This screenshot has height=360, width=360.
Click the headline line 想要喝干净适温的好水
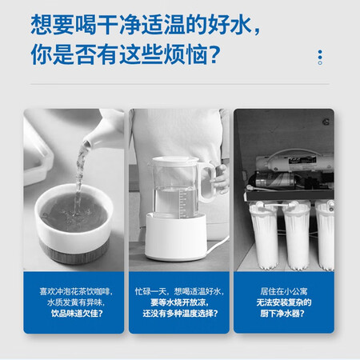(146, 25)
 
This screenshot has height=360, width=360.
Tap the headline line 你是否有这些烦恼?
(126, 54)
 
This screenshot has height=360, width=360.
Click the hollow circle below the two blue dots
(320, 63)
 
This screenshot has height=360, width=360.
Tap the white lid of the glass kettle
(175, 161)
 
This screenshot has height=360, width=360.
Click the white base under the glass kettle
(176, 237)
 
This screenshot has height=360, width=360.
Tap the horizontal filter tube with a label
(294, 162)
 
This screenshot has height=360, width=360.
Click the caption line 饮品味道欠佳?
(77, 314)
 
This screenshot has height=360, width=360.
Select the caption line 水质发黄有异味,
(76, 302)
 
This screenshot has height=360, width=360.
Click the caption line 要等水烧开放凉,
(179, 302)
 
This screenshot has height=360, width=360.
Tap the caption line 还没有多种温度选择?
(180, 314)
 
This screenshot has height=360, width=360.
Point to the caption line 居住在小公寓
(284, 291)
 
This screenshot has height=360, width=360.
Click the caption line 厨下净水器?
(282, 314)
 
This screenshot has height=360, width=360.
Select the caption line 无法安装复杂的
(284, 302)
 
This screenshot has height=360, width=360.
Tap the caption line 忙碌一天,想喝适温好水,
(179, 291)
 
